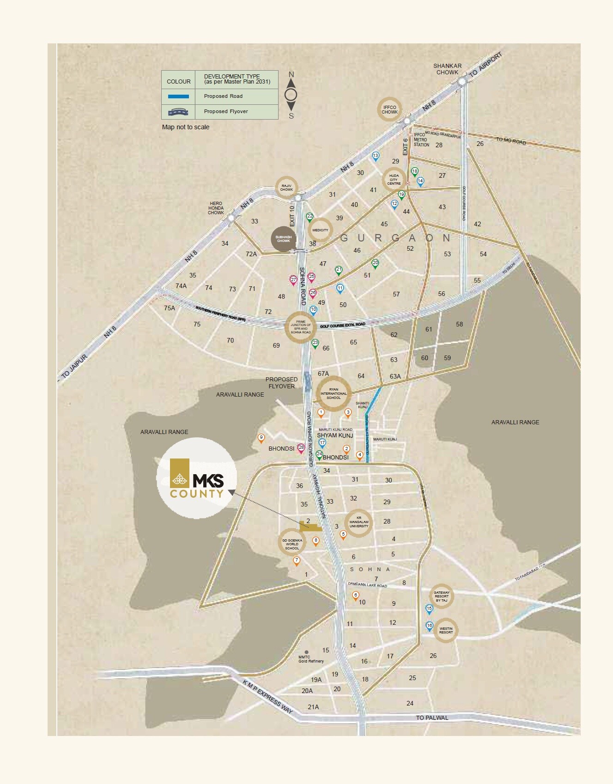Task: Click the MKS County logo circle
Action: tap(197, 478)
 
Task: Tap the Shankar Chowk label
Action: tap(447, 69)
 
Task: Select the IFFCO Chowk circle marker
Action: tap(389, 109)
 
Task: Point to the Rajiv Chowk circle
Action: tap(286, 187)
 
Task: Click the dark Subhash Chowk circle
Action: tap(283, 239)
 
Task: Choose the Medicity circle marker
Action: tap(320, 230)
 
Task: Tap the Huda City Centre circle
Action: tap(394, 180)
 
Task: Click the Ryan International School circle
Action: tap(334, 393)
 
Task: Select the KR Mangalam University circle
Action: tap(358, 523)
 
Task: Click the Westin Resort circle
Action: tap(446, 630)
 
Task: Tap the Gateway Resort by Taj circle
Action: tap(442, 596)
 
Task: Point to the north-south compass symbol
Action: tap(291, 95)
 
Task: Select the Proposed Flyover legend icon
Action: tap(178, 111)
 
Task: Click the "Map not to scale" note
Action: tap(186, 127)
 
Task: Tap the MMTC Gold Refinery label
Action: tap(311, 659)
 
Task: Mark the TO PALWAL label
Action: tap(432, 718)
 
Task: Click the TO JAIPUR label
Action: tap(74, 368)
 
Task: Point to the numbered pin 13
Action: tap(376, 156)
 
